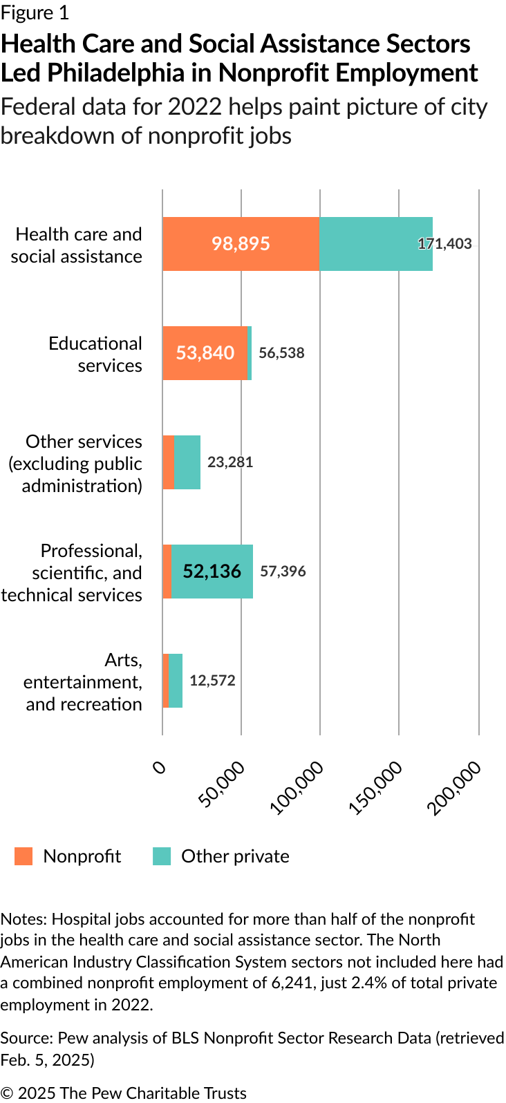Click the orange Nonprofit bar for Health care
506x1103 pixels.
tap(241, 244)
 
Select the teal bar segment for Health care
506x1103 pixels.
tap(375, 244)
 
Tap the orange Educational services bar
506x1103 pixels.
tap(205, 353)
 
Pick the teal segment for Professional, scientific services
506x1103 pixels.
tap(212, 572)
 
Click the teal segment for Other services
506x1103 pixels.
tap(187, 462)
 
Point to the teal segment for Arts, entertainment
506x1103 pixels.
tap(176, 681)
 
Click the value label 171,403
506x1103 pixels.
tap(445, 244)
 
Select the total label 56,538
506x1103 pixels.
tap(281, 353)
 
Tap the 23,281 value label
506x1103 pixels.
tap(230, 462)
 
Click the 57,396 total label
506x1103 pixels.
tap(283, 572)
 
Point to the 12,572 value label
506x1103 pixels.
tap(212, 681)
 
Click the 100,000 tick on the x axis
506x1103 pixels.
tap(298, 788)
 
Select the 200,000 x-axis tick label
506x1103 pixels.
tap(456, 788)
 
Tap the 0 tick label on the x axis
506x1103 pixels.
tap(160, 767)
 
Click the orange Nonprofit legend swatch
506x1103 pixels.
tap(24, 856)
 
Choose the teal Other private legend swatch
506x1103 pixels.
tap(162, 856)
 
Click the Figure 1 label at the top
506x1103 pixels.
tap(35, 13)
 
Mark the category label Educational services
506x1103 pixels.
tap(95, 355)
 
